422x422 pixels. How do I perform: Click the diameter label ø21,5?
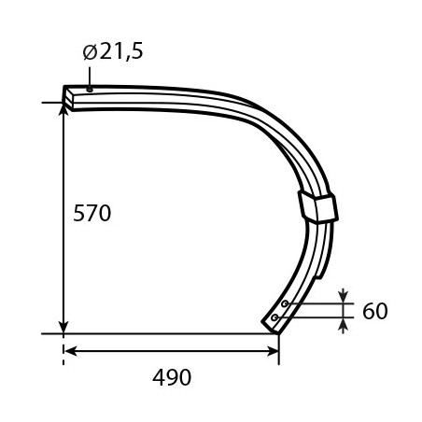[x=113, y=51]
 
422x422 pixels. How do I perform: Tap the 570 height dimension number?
[x=92, y=213]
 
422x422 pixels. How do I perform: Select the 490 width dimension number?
[x=172, y=377]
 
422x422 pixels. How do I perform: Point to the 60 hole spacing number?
[x=375, y=311]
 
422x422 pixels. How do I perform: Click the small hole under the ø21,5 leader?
[x=90, y=90]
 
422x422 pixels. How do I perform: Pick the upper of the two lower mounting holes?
[x=285, y=303]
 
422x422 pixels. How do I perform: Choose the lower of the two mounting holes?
[x=274, y=317]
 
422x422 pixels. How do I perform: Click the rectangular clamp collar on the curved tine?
[x=318, y=206]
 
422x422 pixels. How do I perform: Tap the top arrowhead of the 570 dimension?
[x=63, y=109]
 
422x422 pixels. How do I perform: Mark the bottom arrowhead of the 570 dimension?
[x=63, y=327]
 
